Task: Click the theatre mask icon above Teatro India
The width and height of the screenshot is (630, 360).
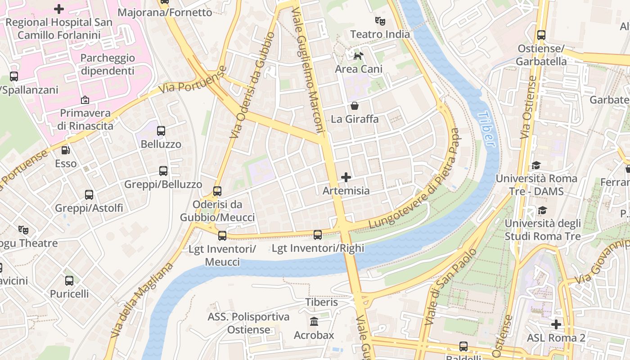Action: (380, 21)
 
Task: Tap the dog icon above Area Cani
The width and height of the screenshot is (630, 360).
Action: (358, 56)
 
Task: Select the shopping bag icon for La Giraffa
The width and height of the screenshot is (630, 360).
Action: (355, 106)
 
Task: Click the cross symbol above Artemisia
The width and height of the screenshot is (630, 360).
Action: (346, 177)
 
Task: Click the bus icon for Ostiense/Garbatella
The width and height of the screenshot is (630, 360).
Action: (541, 35)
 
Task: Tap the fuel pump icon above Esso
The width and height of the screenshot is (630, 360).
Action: (66, 150)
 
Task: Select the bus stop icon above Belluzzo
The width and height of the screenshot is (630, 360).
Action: (161, 131)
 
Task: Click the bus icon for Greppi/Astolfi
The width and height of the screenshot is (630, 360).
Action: (89, 195)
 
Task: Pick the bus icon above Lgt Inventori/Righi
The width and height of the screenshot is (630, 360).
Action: (318, 234)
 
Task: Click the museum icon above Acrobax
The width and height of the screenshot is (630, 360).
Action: (314, 322)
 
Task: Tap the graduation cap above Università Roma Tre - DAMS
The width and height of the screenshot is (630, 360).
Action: (535, 166)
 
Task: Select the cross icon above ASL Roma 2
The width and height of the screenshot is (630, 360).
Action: (556, 324)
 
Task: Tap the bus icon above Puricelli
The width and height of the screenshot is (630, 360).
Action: (69, 281)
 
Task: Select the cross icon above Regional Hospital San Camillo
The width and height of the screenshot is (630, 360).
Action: (59, 9)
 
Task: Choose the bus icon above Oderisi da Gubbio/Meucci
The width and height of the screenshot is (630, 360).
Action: (217, 191)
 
